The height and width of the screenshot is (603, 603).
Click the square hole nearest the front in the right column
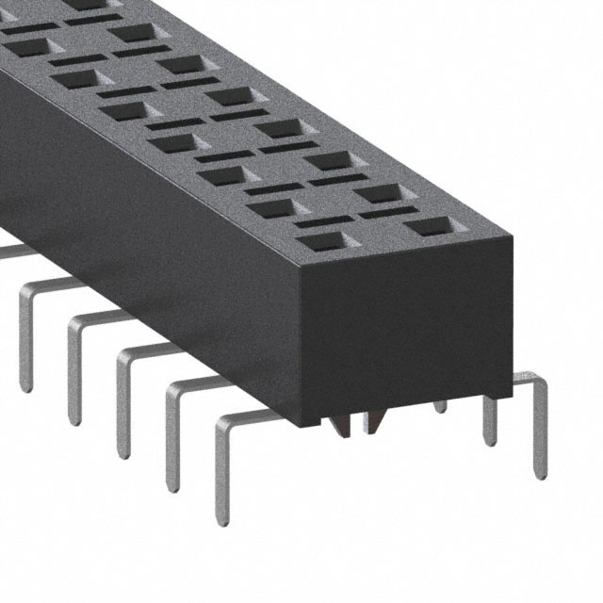tap(429, 227)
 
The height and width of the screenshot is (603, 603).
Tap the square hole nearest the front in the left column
tap(326, 241)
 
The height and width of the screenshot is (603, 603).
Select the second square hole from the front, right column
tap(378, 194)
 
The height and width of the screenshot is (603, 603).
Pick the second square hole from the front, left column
tap(273, 207)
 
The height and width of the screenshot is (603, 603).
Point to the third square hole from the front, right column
tap(327, 160)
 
